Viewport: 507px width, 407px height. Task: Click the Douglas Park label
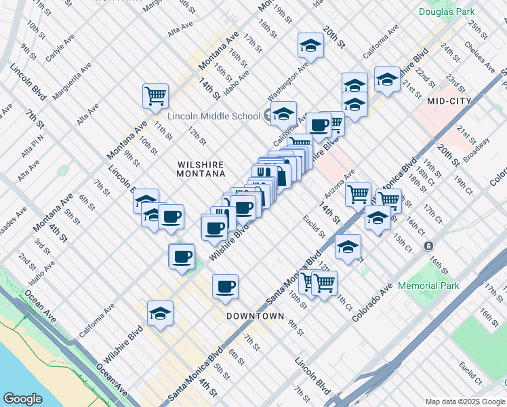447,12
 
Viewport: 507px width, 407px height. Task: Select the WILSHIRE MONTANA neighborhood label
200,169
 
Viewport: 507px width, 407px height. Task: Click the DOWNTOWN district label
255,316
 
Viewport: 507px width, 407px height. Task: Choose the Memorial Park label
428,286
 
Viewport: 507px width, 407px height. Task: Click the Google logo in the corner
22,398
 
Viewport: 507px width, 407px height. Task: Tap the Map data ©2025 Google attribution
464,401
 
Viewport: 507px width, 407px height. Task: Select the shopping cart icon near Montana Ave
155,95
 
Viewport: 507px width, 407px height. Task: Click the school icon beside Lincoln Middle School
284,113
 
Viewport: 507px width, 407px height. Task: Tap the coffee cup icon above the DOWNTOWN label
225,286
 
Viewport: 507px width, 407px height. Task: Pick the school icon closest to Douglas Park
387,78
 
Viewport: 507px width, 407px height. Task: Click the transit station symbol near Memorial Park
428,246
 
